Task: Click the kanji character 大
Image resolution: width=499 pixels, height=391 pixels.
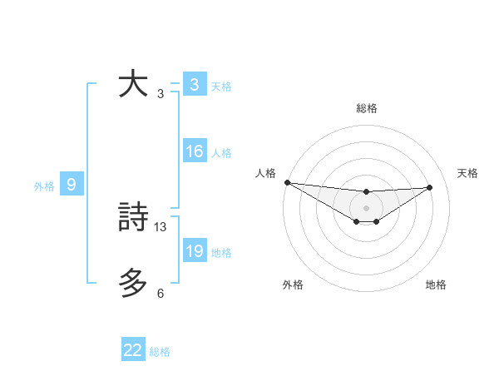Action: (133, 85)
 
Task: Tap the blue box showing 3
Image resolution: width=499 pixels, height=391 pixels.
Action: (194, 85)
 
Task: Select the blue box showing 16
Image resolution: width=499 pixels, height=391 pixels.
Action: (194, 151)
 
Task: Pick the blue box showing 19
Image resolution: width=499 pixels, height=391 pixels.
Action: (194, 251)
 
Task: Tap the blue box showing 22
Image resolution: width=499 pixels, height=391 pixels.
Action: (133, 351)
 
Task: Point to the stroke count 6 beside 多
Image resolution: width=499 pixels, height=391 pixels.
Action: (161, 294)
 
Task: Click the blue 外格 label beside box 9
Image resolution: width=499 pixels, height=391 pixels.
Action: (44, 186)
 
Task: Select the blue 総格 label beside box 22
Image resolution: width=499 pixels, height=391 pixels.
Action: (160, 352)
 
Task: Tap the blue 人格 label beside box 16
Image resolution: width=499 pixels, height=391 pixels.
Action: (221, 153)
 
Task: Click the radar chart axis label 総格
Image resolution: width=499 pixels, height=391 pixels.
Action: (366, 109)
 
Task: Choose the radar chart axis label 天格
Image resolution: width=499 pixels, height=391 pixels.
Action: (468, 173)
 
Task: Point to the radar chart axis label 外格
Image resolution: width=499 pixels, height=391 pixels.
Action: (293, 285)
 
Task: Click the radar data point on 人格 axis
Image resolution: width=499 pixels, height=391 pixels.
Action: (287, 182)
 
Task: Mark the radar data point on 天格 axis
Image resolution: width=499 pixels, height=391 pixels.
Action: (430, 187)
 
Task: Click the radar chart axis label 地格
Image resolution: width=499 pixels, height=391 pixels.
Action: (436, 285)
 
